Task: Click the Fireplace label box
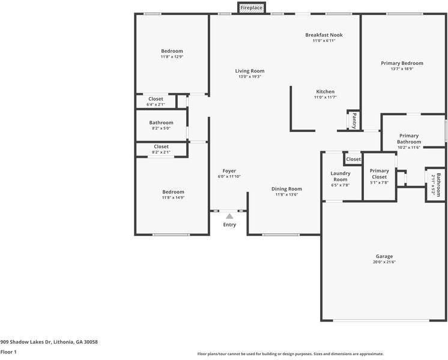252,8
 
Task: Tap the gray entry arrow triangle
229,216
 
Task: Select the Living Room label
250,71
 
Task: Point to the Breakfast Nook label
324,35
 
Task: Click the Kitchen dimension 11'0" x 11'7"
325,97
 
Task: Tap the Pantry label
354,121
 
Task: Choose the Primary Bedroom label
402,63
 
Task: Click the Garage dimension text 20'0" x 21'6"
384,262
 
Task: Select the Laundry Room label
341,176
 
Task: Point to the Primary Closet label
380,174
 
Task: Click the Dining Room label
286,189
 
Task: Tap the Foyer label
229,171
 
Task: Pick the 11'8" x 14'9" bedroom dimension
173,197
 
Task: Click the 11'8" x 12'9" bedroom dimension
172,56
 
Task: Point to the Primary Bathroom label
409,139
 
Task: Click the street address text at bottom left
49,342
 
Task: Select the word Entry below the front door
229,224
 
